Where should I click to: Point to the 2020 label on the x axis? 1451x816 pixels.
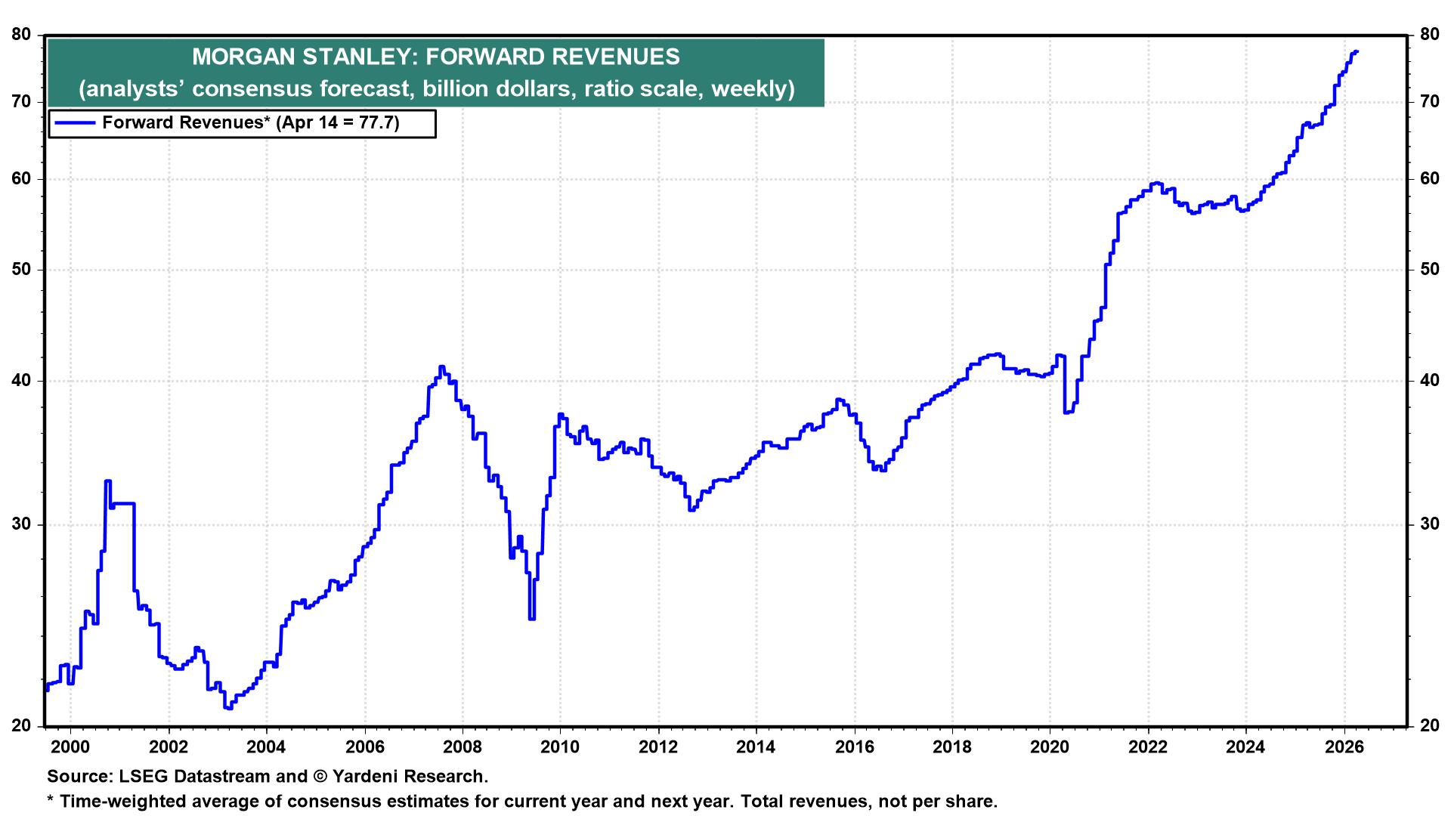pos(1050,746)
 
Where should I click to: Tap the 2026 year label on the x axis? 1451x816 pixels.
pos(1344,746)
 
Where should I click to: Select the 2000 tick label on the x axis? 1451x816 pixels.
pos(70,746)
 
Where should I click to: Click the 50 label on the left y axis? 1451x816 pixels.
pos(22,270)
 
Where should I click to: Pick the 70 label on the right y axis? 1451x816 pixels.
pos(1429,101)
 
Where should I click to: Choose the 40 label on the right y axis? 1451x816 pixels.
pos(1429,381)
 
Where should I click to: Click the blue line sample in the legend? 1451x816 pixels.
pos(74,123)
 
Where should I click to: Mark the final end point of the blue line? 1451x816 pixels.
pos(1357,51)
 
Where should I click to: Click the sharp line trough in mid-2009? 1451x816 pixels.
pos(532,619)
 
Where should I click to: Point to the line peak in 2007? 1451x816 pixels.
pos(441,366)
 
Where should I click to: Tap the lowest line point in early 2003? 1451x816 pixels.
pos(228,708)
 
